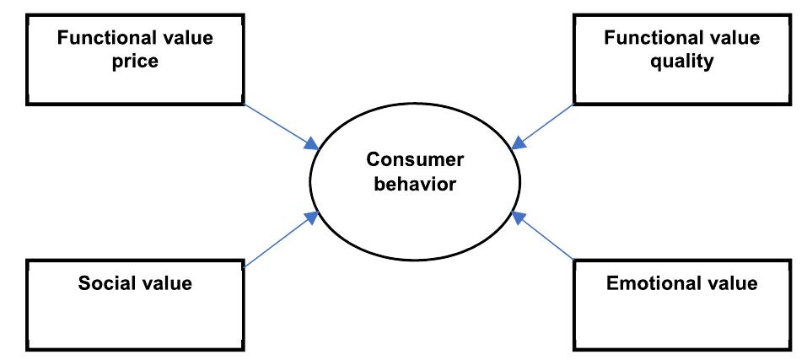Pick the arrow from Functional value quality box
tap(544, 126)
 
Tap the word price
tap(137, 62)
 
